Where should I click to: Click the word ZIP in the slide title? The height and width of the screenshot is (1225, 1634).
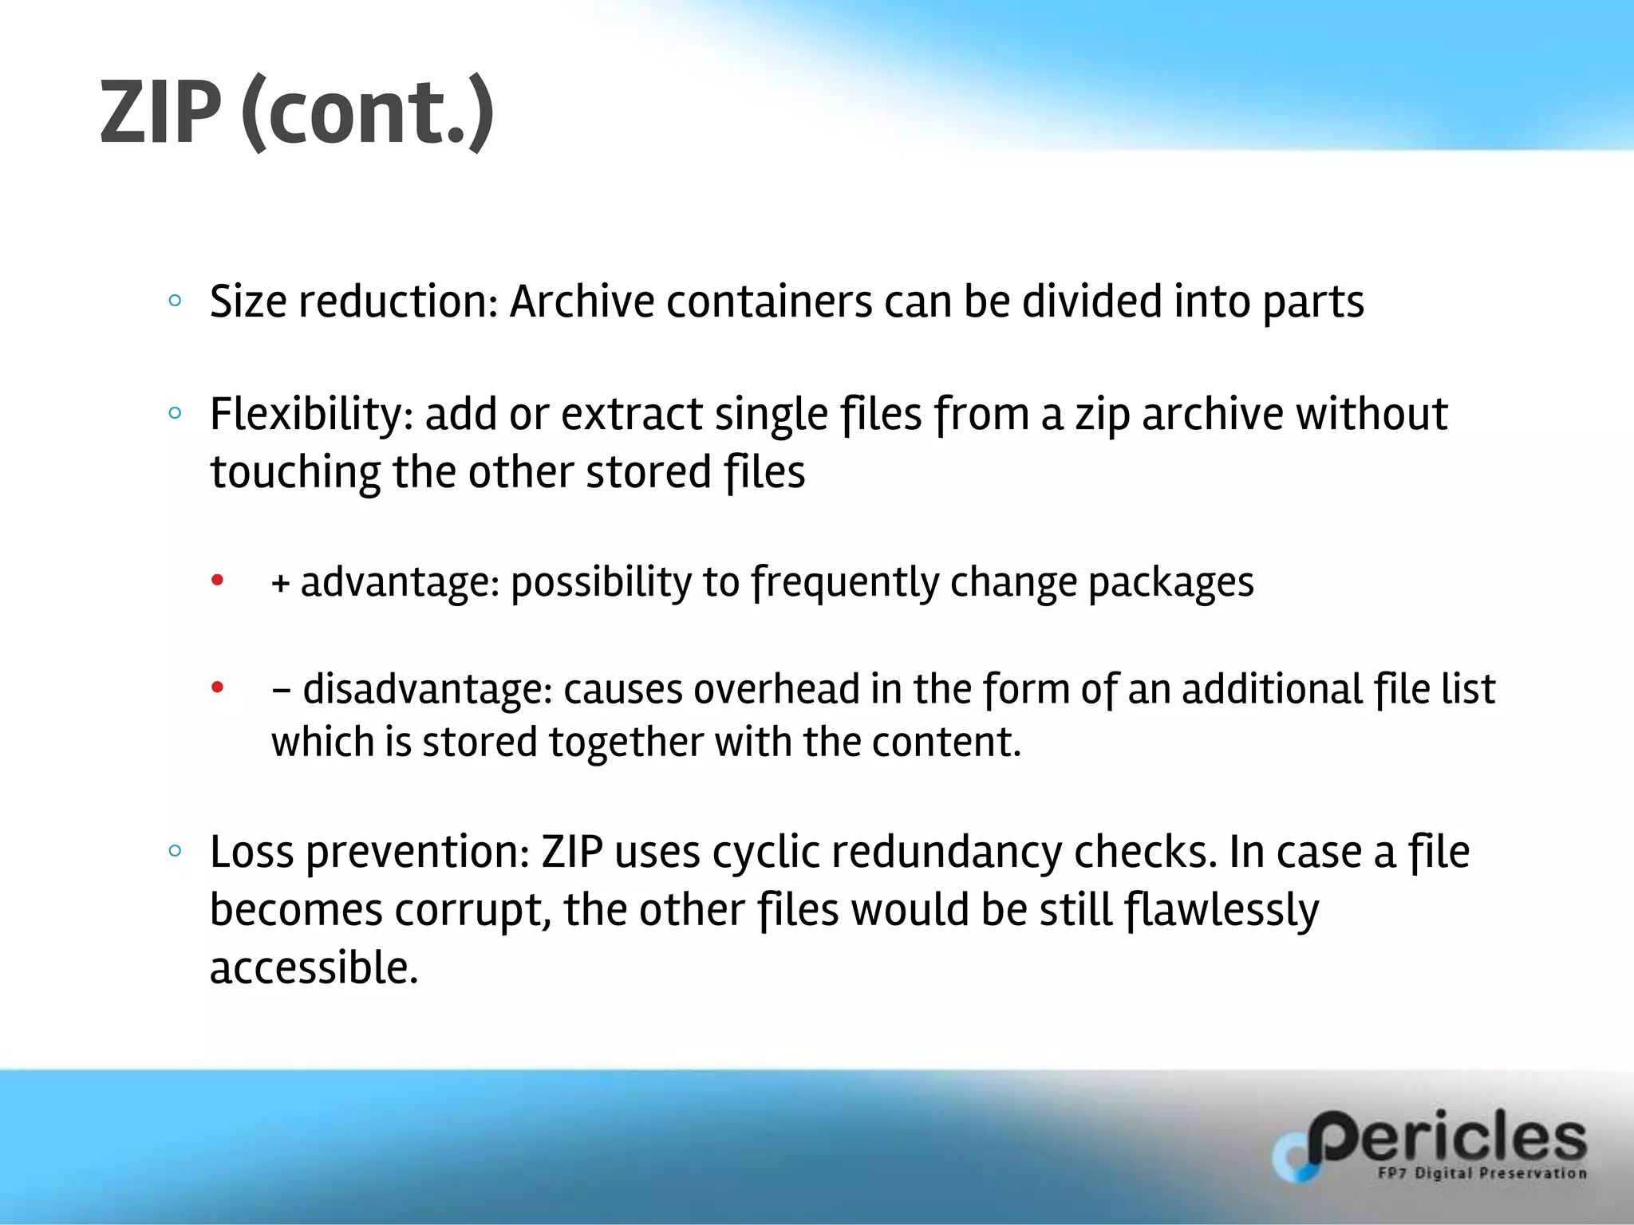click(x=160, y=112)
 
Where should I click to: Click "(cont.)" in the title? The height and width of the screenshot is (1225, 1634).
click(x=368, y=112)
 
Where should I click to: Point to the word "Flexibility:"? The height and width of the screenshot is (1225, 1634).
click(x=311, y=415)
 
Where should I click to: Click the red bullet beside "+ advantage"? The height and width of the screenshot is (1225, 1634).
click(x=217, y=580)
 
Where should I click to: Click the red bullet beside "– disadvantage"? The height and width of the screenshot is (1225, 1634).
click(x=217, y=687)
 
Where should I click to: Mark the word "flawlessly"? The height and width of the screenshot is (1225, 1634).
click(x=1222, y=910)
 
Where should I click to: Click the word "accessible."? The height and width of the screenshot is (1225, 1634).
click(x=314, y=968)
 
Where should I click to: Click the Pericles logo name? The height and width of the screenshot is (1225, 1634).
click(x=1446, y=1138)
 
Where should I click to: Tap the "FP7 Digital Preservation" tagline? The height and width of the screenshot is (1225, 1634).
click(x=1482, y=1173)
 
